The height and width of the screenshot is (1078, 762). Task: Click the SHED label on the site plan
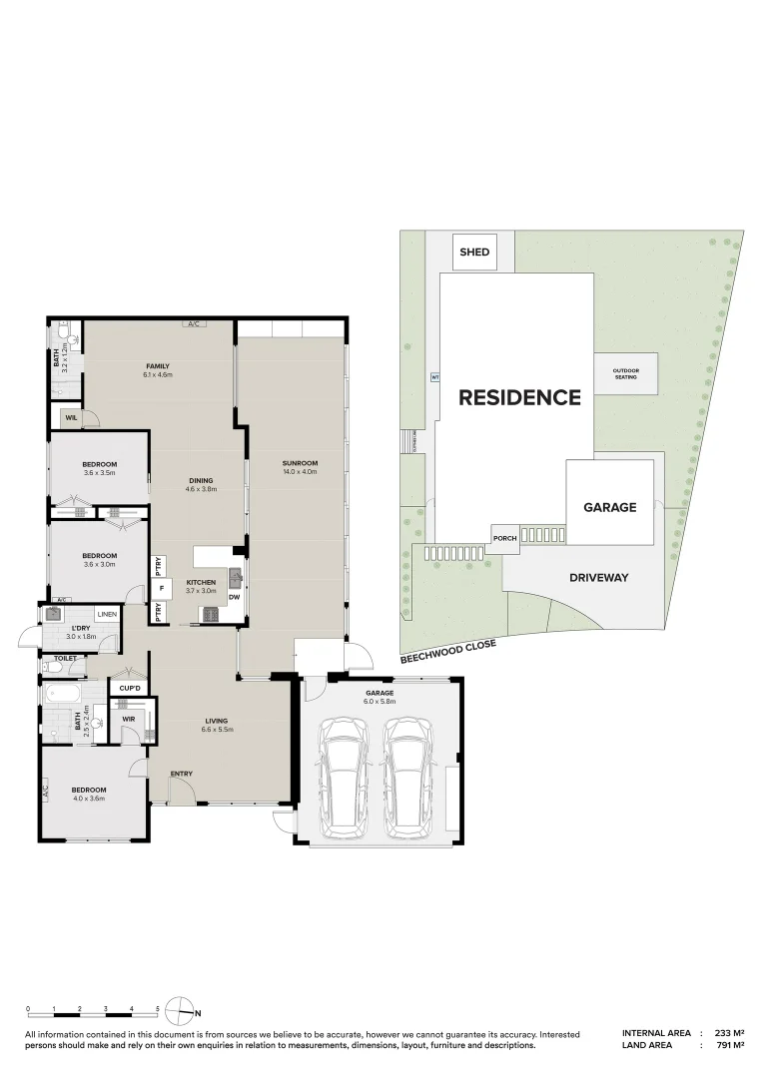point(474,253)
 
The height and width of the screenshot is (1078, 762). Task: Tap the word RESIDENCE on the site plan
point(519,398)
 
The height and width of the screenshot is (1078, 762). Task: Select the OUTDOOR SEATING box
point(626,374)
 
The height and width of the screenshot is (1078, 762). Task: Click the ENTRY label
point(181,774)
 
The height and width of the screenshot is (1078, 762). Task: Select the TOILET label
point(66,660)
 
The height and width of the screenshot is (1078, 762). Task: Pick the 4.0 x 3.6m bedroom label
point(88,795)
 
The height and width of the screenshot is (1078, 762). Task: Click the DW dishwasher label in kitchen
point(233,598)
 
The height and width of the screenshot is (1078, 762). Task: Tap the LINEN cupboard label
point(107,613)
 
